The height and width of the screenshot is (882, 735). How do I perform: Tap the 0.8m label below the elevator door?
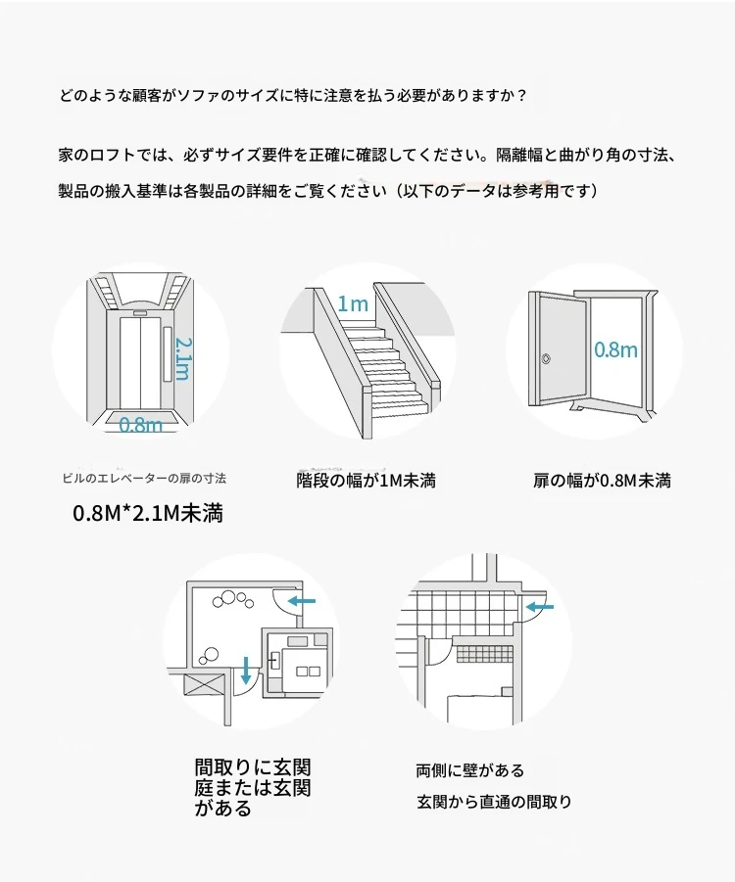[141, 425]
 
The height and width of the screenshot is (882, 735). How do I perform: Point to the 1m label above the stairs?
[353, 303]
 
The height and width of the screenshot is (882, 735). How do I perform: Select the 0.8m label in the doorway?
[615, 349]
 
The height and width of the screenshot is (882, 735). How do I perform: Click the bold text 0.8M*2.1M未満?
[148, 512]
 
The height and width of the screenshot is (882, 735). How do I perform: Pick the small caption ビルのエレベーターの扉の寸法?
[144, 479]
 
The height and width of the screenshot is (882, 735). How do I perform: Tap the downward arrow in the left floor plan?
[245, 670]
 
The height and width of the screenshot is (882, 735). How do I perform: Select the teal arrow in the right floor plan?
[541, 607]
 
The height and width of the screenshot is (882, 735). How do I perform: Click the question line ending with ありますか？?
[293, 96]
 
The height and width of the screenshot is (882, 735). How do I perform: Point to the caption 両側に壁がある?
[469, 770]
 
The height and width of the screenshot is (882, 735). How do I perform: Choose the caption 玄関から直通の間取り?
[494, 802]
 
